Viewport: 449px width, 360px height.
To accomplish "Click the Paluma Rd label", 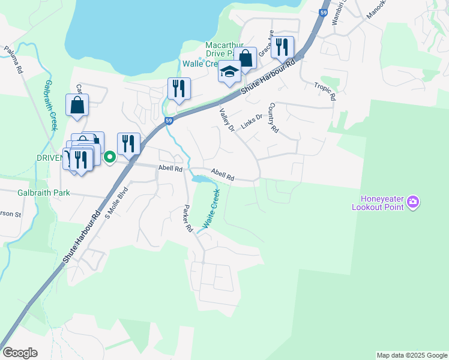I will click(x=13, y=60).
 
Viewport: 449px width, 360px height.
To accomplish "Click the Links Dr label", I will click(x=252, y=121).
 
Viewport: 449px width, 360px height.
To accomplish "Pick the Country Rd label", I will click(x=274, y=118).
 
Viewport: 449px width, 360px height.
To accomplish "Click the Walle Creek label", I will click(x=202, y=64).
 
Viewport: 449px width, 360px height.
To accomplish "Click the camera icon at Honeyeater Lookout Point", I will click(x=412, y=203).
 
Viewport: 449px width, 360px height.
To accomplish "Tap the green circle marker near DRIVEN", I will click(x=110, y=158).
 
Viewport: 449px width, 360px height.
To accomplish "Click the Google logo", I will click(x=20, y=353).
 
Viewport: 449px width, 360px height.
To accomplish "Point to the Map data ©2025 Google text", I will click(x=411, y=355).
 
